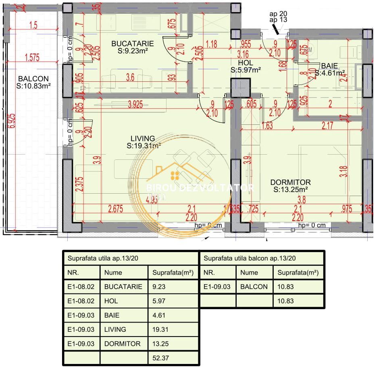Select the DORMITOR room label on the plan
[290, 182]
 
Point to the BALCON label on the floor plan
[33, 79]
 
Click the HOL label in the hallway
[245, 63]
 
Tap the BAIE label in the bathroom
[329, 66]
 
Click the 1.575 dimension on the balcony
[32, 58]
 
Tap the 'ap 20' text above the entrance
[278, 13]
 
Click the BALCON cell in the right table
[254, 287]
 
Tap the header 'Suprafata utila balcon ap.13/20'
[250, 258]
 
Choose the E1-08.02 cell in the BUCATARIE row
[81, 287]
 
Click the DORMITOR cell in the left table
[122, 343]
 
